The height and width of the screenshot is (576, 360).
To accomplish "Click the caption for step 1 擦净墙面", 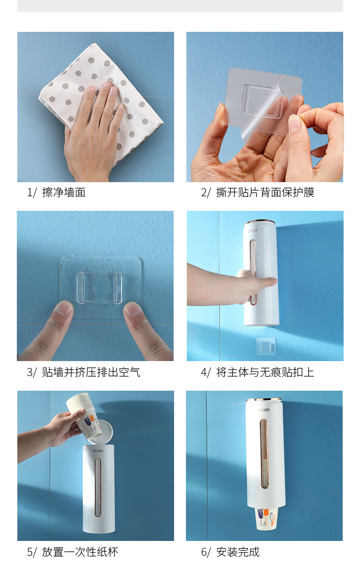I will click(x=56, y=193).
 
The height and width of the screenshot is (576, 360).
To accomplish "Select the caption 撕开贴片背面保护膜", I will click(x=257, y=193).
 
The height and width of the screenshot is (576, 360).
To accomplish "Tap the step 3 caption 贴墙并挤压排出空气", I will click(x=83, y=372).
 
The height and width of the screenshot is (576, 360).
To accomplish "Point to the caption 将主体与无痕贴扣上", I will click(x=257, y=372).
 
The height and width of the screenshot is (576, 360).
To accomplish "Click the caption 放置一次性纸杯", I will click(x=72, y=552).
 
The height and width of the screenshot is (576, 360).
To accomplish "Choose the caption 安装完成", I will click(x=230, y=552).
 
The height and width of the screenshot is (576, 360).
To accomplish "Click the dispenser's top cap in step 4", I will click(x=261, y=224).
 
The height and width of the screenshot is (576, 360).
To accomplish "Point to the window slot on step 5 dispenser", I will click(x=98, y=487).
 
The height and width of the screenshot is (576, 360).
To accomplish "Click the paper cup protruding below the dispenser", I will click(x=264, y=518).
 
